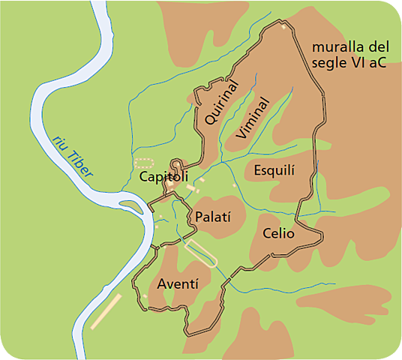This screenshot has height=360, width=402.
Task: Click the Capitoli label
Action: (163, 177)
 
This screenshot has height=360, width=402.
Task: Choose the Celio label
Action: (278, 234)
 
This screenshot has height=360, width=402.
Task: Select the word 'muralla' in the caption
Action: (337, 47)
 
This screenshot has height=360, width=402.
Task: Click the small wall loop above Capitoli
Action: (178, 166)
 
